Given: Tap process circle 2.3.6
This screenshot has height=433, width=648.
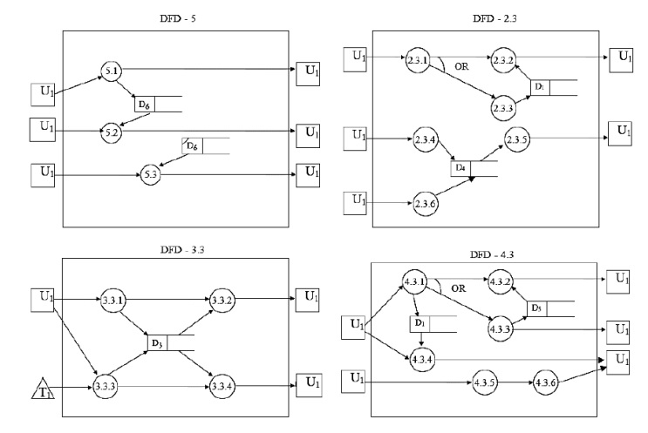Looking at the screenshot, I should pos(426,205).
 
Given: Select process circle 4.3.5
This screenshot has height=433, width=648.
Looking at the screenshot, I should pos(485,382).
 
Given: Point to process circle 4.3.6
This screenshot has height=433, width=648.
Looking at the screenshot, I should pos(547,382).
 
